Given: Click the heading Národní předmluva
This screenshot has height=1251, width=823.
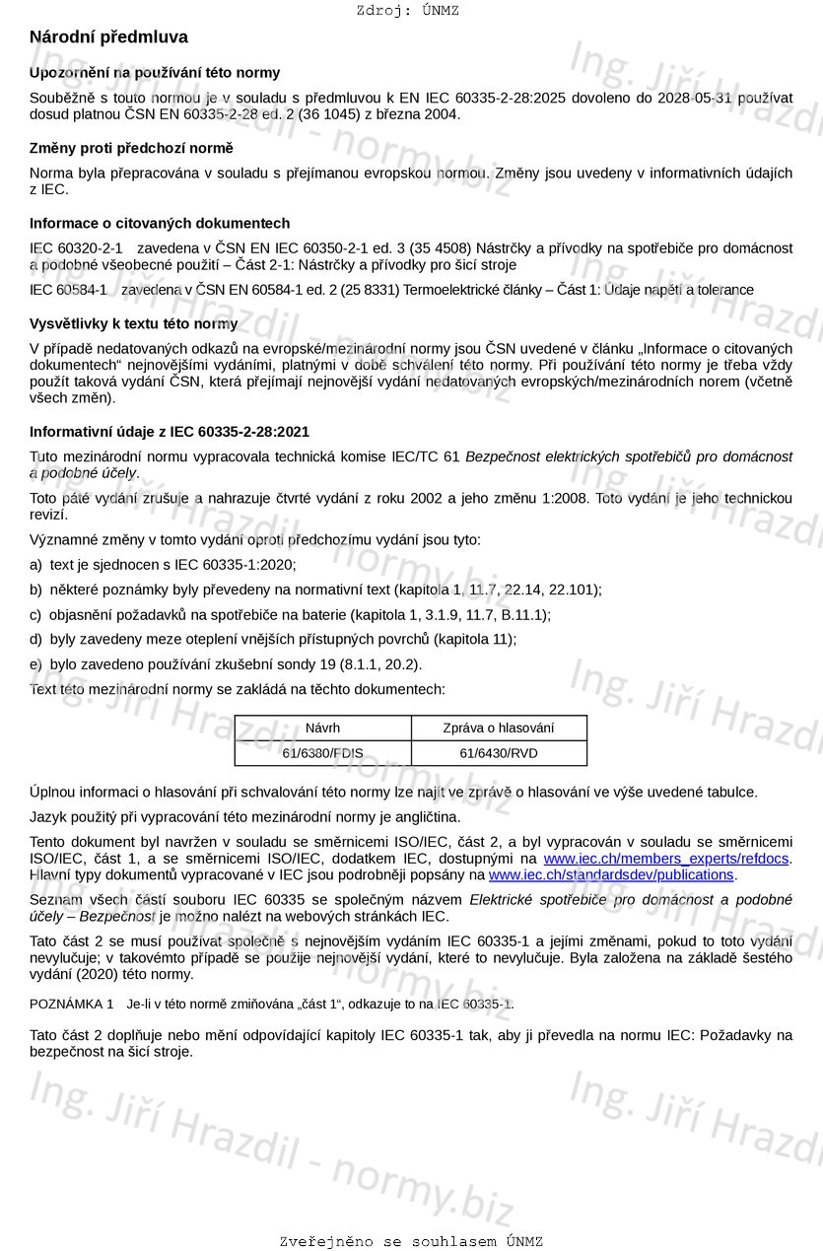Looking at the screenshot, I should (108, 37).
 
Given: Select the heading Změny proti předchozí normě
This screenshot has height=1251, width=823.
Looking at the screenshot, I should (131, 148).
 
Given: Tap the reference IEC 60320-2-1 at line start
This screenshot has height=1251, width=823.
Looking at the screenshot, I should (76, 247).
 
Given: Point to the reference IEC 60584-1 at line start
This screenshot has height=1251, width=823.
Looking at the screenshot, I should (68, 290).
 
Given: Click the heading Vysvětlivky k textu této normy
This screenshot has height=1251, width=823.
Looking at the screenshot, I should (133, 323).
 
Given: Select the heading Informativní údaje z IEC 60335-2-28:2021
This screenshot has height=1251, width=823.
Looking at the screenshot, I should (170, 432).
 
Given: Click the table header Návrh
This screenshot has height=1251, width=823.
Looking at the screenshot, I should (322, 729).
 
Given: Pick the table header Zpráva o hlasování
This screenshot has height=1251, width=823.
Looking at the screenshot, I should (499, 729).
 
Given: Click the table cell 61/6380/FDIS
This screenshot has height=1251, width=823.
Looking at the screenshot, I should (322, 753).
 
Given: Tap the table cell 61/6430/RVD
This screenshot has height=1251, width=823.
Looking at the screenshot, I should (499, 753).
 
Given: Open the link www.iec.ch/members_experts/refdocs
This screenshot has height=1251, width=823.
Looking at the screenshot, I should (666, 859).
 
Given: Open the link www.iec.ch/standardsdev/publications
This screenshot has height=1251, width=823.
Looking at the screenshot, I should (611, 874).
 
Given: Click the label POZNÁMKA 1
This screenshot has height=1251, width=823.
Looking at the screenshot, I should (72, 1005).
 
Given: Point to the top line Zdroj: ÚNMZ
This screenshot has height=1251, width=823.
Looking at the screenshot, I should (408, 11).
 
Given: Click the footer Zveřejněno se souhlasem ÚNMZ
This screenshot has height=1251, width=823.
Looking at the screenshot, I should (411, 1241).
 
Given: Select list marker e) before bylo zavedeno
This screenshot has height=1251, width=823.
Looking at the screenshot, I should (36, 664).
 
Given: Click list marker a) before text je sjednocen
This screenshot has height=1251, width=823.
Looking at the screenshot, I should (36, 565).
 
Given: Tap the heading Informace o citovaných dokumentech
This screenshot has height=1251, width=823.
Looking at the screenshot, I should (160, 224).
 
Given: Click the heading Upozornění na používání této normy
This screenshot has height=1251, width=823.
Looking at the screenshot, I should (155, 73).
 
